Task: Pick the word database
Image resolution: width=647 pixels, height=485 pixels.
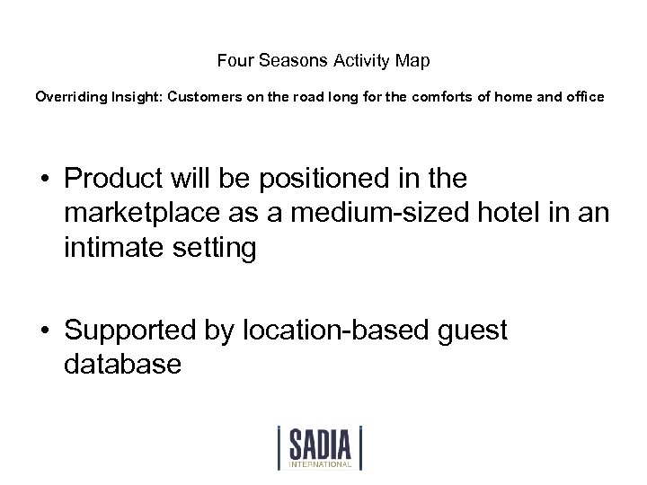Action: click(123, 365)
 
